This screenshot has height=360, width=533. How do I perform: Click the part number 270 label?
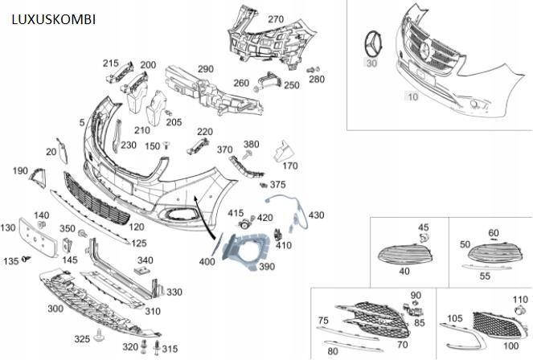[276, 19]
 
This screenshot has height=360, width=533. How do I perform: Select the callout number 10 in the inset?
[412, 96]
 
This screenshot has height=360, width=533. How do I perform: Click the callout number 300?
[55, 309]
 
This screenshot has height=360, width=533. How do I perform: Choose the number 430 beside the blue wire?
[317, 215]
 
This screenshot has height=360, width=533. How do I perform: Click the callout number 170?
[290, 166]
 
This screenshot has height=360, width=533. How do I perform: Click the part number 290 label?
[205, 70]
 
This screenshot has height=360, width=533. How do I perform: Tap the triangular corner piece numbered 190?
[37, 178]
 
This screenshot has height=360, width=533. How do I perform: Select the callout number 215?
[110, 63]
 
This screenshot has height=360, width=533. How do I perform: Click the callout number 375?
[278, 185]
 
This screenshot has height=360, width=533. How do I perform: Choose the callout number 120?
[137, 227]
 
